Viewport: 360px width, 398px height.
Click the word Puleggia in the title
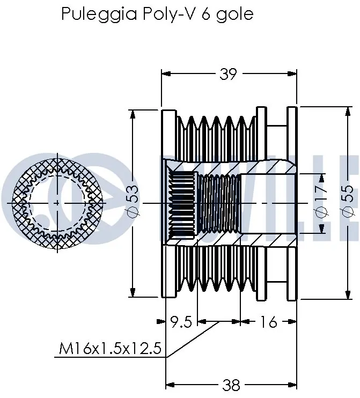pyautogui.click(x=99, y=14)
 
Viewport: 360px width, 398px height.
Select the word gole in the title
pyautogui.click(x=234, y=14)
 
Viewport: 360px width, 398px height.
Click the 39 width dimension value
pyautogui.click(x=228, y=74)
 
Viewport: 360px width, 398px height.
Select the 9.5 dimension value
pyautogui.click(x=181, y=322)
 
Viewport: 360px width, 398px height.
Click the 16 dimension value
pyautogui.click(x=268, y=322)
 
